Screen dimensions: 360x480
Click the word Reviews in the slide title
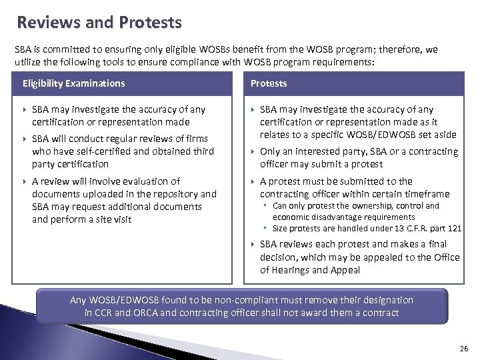click(51, 23)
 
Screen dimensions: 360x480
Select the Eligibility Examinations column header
click(73, 83)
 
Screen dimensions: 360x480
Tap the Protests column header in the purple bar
click(269, 83)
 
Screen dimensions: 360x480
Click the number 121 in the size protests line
click(454, 228)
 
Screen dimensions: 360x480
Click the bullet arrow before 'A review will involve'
click(25, 181)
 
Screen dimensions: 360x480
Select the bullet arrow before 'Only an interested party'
click(253, 152)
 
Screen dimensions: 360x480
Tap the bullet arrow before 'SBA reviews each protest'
click(253, 245)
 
